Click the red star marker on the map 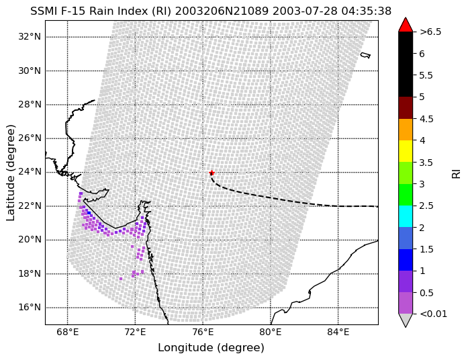212,173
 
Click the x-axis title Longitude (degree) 212,347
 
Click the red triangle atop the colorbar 406,25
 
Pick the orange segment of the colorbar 406,130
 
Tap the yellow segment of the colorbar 406,151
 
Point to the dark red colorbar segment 406,107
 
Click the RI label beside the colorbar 457,173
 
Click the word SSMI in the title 44,11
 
